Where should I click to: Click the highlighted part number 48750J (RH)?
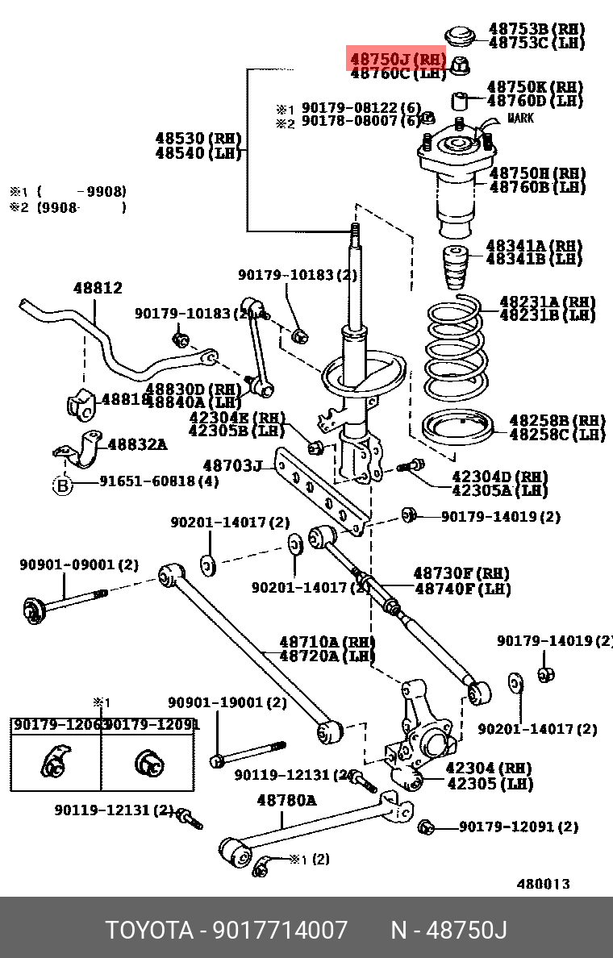(x=397, y=59)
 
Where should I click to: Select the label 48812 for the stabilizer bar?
(x=98, y=288)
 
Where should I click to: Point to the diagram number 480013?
(x=543, y=884)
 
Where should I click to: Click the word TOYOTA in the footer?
(x=149, y=931)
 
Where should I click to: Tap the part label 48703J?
(x=233, y=465)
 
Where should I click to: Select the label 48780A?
(x=286, y=801)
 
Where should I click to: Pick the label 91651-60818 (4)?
(x=159, y=482)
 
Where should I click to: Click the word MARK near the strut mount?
(x=520, y=119)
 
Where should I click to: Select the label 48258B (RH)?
(x=557, y=421)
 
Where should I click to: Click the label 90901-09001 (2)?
(x=79, y=565)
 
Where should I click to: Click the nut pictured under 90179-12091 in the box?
(x=148, y=762)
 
